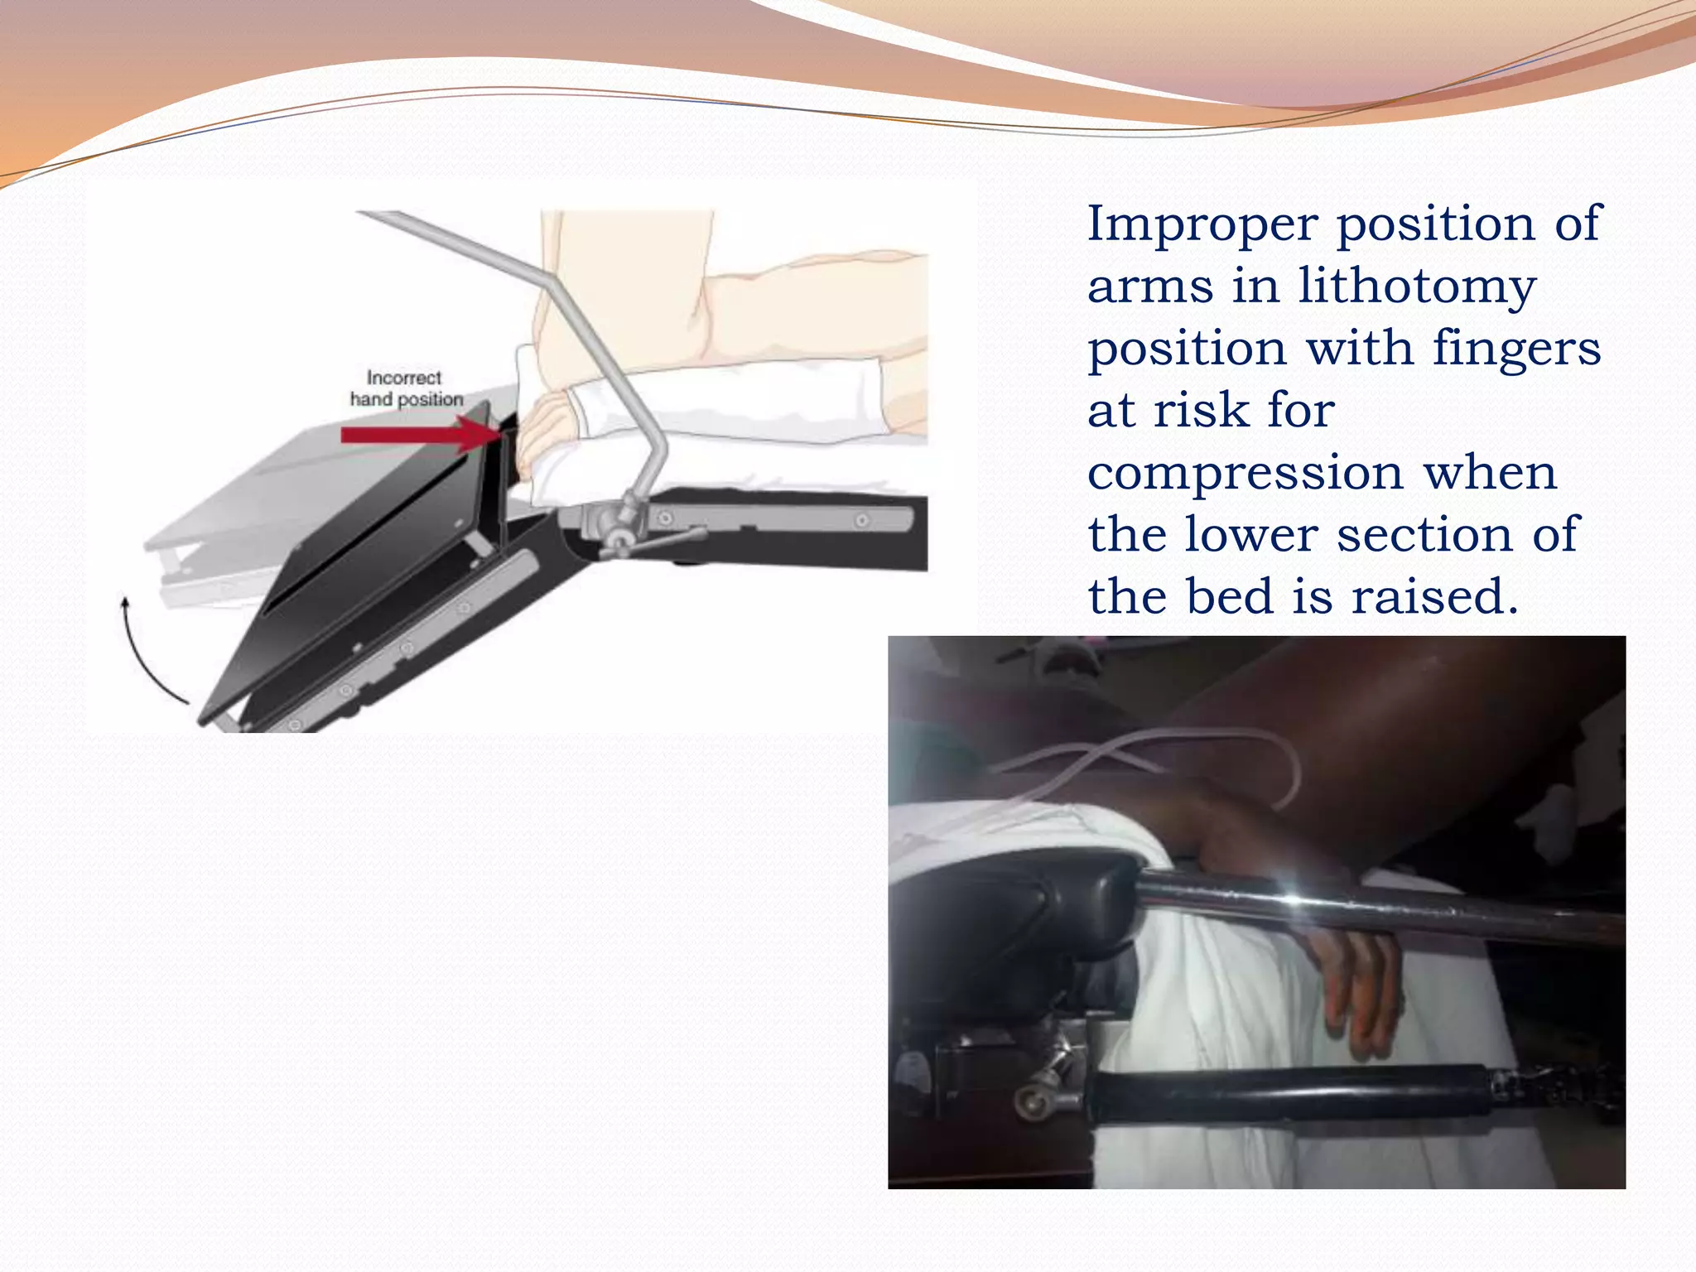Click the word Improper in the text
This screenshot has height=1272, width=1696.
click(1201, 225)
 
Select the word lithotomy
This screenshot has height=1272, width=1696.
click(1417, 287)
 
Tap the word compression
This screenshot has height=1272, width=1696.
click(1244, 475)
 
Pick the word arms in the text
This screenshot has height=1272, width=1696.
click(1149, 287)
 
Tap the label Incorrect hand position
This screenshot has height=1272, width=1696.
click(405, 388)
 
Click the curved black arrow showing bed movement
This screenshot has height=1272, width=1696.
click(145, 654)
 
